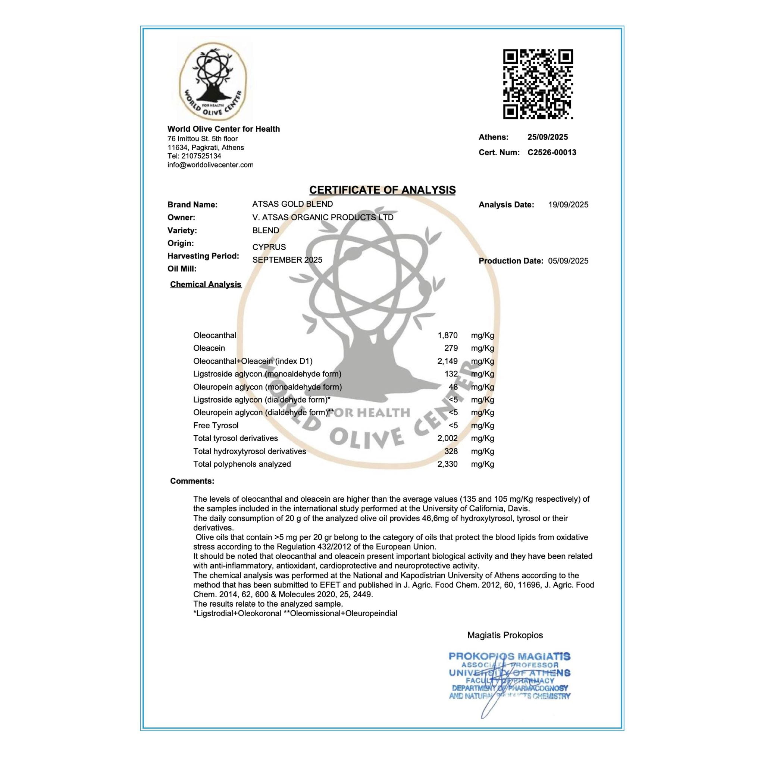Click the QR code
point(538,84)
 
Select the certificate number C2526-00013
point(552,153)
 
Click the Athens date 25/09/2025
point(547,137)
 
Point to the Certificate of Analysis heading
point(382,190)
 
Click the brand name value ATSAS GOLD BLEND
point(292,204)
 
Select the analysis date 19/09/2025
point(568,205)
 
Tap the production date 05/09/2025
point(568,261)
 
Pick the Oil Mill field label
point(182,269)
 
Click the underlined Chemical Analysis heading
point(206,285)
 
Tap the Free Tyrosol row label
point(216,426)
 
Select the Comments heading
point(192,481)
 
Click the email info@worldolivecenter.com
point(210,165)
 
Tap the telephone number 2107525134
point(201,156)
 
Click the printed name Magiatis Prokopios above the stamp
point(505,635)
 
